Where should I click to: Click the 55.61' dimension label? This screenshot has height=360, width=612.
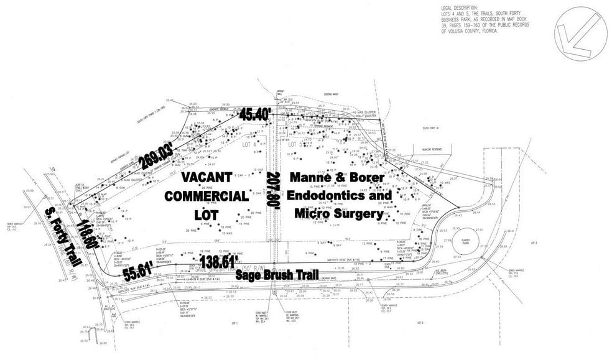[139, 271]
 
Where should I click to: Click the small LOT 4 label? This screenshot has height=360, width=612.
[249, 144]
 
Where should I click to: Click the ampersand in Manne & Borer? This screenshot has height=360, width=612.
[344, 178]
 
